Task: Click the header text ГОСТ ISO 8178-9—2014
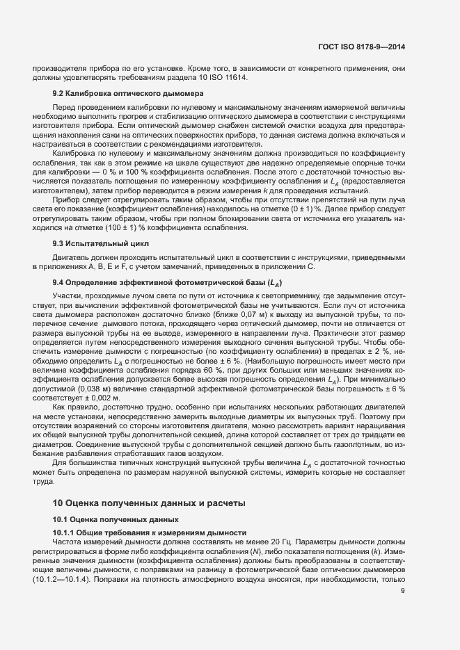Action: [x=358, y=47]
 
